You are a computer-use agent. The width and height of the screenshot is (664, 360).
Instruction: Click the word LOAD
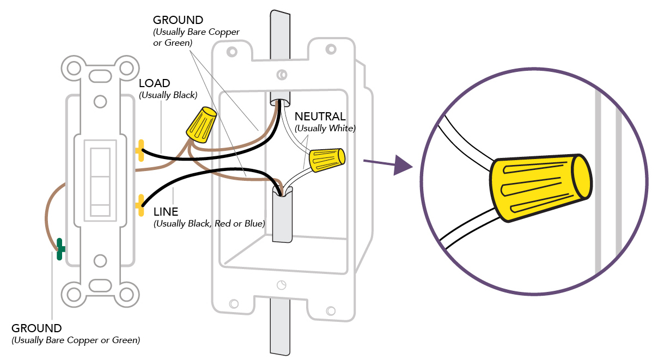pos(155,83)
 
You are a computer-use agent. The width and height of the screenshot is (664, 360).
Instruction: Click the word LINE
pos(166,212)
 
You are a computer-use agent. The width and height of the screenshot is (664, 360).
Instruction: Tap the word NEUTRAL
pos(320,117)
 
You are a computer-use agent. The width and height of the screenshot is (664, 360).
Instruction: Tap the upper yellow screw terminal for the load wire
pos(140,150)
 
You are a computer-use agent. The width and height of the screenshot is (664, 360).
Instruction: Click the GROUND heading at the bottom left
pos(36,328)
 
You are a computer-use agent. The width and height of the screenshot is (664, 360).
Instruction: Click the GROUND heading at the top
pos(178,21)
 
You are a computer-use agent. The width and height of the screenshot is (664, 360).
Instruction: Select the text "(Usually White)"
pos(325,129)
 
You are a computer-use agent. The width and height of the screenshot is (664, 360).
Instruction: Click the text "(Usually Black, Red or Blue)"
pos(209,223)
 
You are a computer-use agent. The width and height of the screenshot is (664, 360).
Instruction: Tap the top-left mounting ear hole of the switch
pos(73,68)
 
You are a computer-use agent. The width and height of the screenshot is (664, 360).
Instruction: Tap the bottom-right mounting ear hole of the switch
pos(126,294)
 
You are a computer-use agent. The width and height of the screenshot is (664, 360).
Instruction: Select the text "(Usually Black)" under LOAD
pos(168,95)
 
